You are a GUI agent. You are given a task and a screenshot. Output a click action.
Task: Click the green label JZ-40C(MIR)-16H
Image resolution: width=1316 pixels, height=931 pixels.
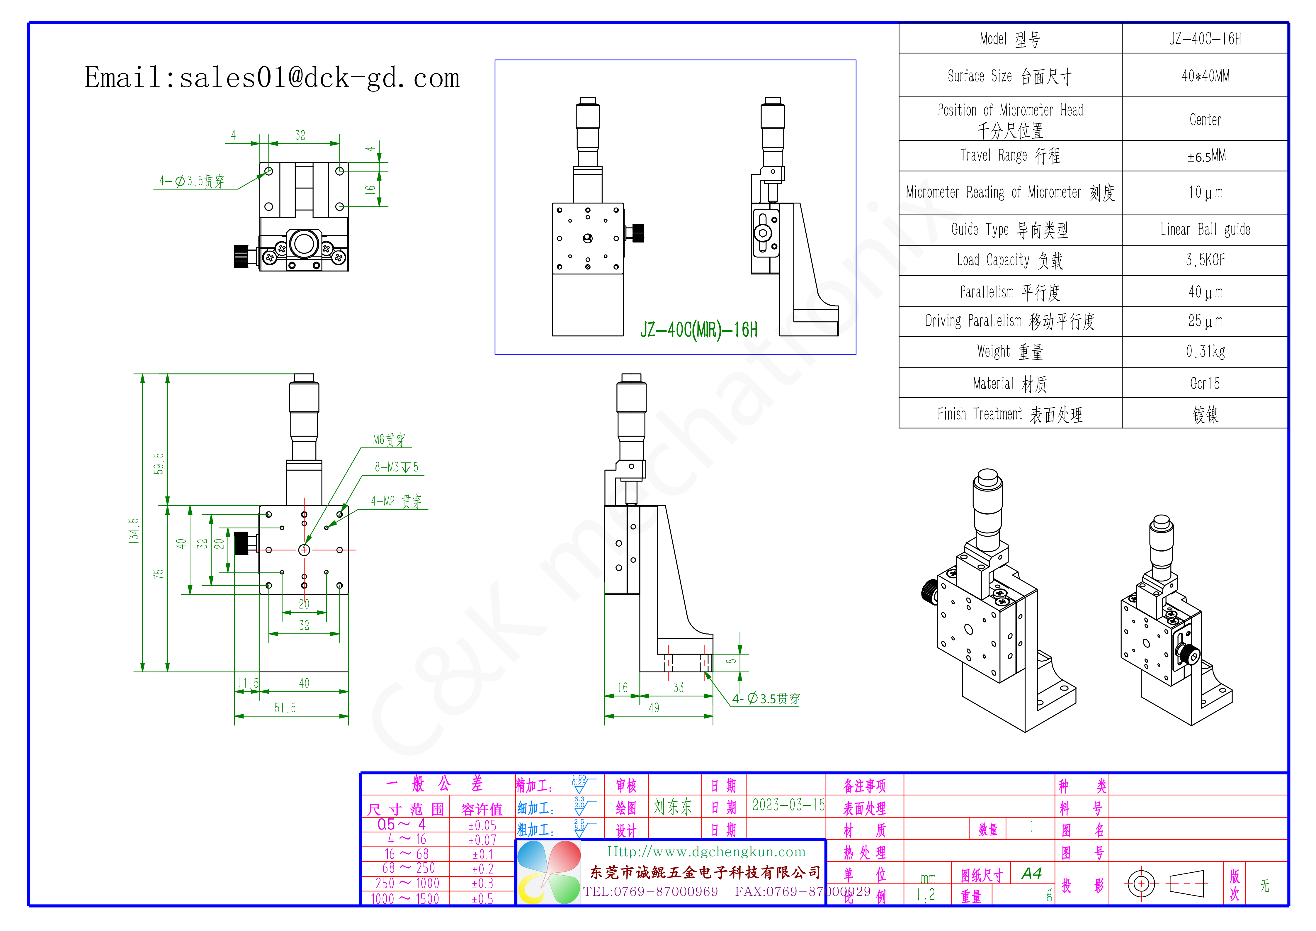[x=699, y=330]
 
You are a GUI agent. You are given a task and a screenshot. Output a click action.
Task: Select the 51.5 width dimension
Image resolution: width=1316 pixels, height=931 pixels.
[x=285, y=708]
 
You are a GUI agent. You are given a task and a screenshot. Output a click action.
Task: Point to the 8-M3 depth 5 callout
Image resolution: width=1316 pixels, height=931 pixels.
[x=397, y=467]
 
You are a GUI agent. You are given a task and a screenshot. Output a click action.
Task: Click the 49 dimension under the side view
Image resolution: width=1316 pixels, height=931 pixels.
[x=654, y=708]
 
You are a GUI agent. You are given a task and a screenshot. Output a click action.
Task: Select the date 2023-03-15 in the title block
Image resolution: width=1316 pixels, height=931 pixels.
[x=788, y=805]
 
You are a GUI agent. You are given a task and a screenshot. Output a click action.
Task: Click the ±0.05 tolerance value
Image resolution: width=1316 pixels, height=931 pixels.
[x=482, y=825]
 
